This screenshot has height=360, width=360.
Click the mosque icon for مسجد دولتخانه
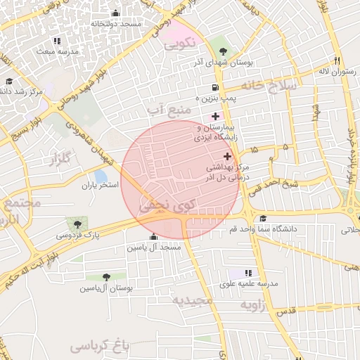(115, 13)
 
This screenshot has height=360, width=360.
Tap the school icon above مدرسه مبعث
(56, 41)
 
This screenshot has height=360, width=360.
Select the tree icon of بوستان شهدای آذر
(223, 51)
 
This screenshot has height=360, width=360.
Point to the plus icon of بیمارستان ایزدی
(215, 115)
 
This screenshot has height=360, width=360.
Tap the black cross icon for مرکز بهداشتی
(226, 155)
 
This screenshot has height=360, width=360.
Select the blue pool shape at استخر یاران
(101, 176)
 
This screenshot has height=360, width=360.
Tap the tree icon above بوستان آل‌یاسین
(106, 277)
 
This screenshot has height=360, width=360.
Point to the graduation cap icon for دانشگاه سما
(263, 219)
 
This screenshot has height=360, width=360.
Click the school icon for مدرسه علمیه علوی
(248, 272)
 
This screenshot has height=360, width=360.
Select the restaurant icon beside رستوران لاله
(338, 60)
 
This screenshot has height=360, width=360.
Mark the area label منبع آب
(170, 110)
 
